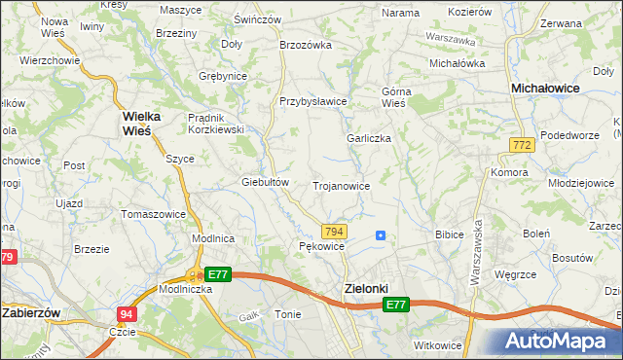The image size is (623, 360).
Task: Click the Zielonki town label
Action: click(366, 289)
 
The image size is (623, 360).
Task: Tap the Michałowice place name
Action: click(546, 88)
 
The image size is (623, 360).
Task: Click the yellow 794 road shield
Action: click(334, 231)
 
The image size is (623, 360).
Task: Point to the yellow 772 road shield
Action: click(521, 145)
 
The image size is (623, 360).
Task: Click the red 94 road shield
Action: click(128, 314)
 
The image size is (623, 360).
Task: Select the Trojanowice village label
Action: click(341, 185)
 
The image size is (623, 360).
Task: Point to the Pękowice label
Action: click(322, 247)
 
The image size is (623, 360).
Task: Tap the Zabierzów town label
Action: click(33, 313)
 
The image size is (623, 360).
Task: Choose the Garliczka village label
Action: click(369, 138)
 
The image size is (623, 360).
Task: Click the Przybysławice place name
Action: click(313, 101)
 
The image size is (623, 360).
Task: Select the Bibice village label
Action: click(450, 234)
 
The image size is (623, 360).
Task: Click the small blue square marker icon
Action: click(380, 234)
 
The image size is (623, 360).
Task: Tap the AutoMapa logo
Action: click(562, 342)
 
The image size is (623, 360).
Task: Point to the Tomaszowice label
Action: click(153, 214)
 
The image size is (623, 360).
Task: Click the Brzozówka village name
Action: click(307, 45)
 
